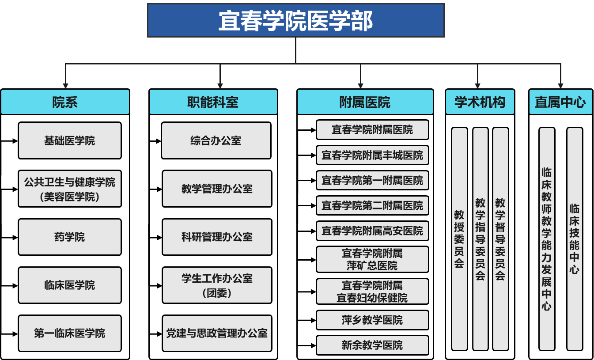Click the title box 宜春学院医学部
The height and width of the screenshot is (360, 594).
(295, 20)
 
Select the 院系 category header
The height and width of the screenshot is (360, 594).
(65, 102)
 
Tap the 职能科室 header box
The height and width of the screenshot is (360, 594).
(213, 102)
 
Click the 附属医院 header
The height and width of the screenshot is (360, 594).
(365, 102)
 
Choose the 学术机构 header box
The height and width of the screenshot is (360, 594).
(480, 102)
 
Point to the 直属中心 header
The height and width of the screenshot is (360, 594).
(560, 102)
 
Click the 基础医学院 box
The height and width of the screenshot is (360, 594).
(70, 140)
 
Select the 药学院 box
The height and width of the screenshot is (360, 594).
(70, 237)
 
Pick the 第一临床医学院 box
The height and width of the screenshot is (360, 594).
(70, 333)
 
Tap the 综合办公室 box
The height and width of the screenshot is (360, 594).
(216, 140)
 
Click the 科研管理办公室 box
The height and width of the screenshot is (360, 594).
(217, 237)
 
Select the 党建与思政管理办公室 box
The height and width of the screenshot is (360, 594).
(217, 333)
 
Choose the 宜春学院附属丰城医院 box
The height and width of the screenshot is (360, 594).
(372, 155)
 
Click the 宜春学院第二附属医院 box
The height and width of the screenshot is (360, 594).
(372, 205)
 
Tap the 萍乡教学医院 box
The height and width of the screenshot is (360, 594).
(372, 320)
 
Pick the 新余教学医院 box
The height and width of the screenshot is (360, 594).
(372, 345)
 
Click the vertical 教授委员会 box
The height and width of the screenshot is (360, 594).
(459, 239)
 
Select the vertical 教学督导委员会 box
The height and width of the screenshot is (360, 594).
(500, 239)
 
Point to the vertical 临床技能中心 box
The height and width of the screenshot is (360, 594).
(575, 239)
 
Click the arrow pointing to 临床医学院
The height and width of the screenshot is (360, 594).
(9, 286)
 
